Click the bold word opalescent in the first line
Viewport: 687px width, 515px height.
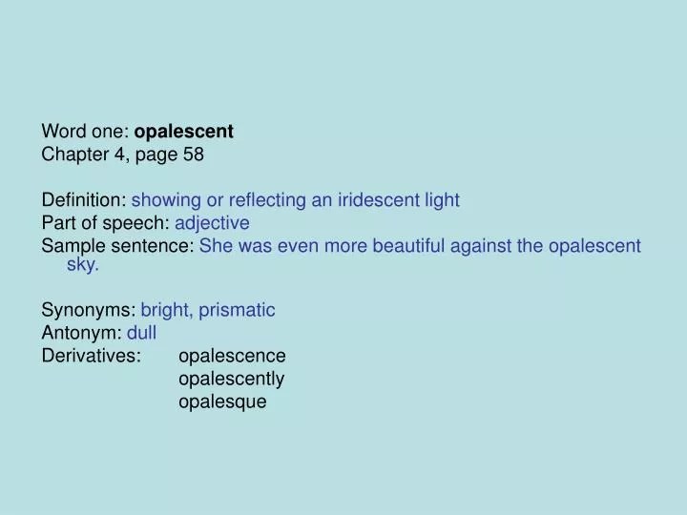pyautogui.click(x=184, y=131)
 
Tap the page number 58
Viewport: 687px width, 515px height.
pyautogui.click(x=194, y=154)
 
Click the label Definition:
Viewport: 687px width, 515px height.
pyautogui.click(x=84, y=200)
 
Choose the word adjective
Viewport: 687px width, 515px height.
pyautogui.click(x=213, y=223)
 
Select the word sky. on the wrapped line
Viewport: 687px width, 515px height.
pyautogui.click(x=83, y=265)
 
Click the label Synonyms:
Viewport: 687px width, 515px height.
pyautogui.click(x=89, y=310)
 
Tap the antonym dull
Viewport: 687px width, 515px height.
pyautogui.click(x=141, y=333)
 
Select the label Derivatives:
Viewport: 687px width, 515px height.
pyautogui.click(x=92, y=356)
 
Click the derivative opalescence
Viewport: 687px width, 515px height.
pyautogui.click(x=232, y=356)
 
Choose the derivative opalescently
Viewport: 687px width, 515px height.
pyautogui.click(x=231, y=379)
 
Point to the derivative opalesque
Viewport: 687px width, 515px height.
pyautogui.click(x=222, y=402)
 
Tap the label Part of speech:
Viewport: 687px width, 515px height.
pyautogui.click(x=106, y=223)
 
